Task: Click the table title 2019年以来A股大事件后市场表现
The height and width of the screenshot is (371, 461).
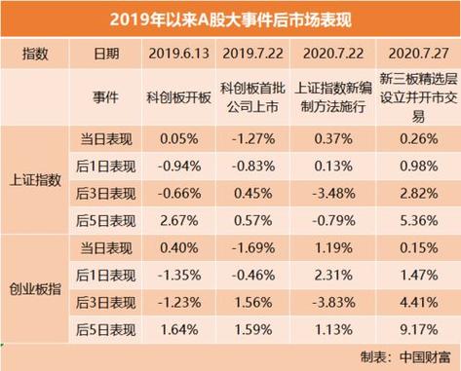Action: (230, 17)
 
